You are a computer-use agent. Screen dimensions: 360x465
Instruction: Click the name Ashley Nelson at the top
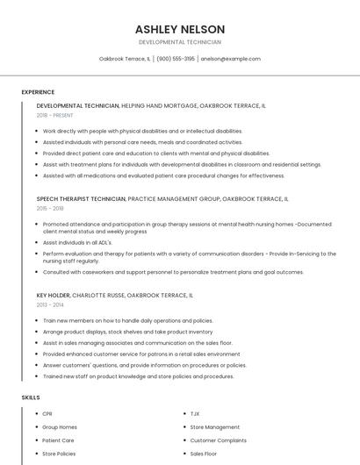coord(179,29)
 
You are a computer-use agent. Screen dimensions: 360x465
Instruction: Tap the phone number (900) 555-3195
coord(176,59)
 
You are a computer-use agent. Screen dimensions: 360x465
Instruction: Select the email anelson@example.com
coord(230,59)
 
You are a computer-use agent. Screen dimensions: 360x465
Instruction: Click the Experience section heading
coord(38,92)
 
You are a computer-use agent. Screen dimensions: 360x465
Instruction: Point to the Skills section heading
coord(31,397)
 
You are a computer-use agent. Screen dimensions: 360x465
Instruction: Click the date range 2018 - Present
coord(56,115)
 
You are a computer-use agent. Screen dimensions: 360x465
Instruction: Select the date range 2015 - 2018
coord(50,208)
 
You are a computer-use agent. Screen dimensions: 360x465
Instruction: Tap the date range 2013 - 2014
coord(50,304)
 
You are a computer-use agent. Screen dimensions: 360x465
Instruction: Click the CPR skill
coord(47,413)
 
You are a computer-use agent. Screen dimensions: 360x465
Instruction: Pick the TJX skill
coord(196,413)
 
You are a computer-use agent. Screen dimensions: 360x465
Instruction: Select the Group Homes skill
coord(59,427)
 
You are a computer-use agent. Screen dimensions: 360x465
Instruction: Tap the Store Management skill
coord(214,427)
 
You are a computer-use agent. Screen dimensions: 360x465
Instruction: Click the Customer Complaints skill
coord(218,440)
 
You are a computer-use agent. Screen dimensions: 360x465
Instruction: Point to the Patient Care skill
coord(58,440)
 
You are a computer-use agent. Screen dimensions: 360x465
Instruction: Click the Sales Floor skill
coord(204,454)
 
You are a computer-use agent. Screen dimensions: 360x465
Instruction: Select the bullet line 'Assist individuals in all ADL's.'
coord(77,242)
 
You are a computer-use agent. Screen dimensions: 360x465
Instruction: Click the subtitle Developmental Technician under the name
coord(179,42)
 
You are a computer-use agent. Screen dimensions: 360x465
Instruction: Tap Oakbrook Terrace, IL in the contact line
coord(124,59)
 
